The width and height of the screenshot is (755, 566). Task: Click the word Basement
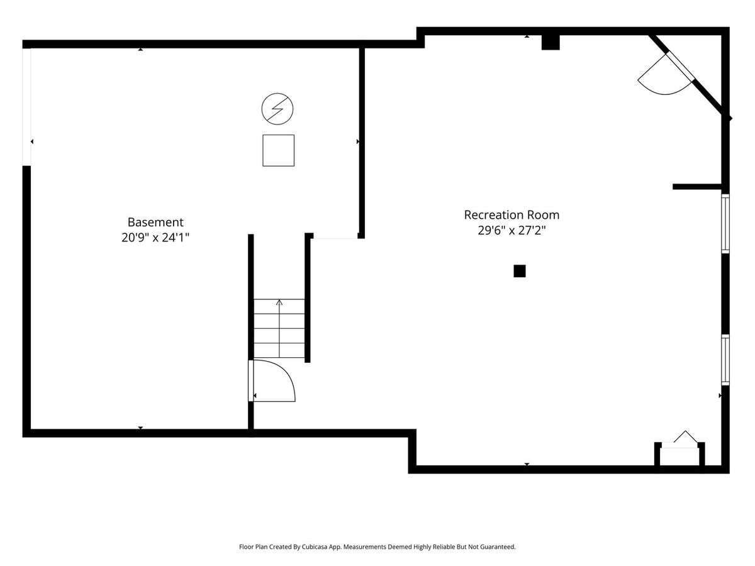point(155,223)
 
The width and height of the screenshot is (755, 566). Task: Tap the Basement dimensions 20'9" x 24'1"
point(155,238)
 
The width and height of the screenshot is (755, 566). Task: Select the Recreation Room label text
point(512,215)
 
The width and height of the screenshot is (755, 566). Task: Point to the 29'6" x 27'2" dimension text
point(512,230)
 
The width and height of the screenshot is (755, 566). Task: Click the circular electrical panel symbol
point(277,109)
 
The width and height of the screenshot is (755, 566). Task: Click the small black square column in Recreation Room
point(520,271)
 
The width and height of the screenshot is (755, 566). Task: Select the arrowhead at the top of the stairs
point(279,302)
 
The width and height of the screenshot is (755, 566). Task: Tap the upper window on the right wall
point(725,223)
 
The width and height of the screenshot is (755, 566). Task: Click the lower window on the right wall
point(725,360)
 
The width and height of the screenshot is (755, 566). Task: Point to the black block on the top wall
point(551,42)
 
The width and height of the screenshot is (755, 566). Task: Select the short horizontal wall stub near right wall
point(697,187)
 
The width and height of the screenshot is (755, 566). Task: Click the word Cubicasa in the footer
point(315,547)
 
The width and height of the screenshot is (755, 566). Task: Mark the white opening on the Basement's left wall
point(26,107)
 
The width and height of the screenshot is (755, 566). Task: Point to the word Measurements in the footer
point(364,547)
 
